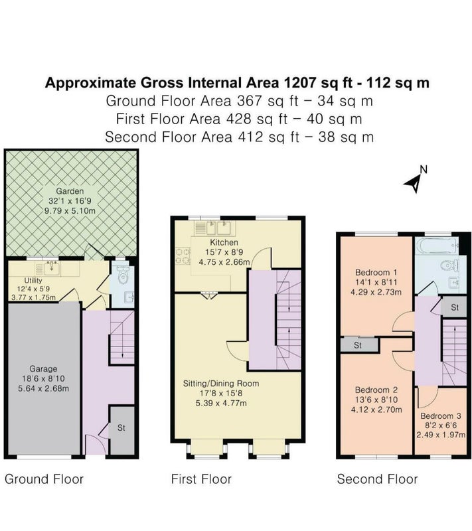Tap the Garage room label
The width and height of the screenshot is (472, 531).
[x=43, y=369]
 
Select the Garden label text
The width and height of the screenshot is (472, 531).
[x=70, y=191]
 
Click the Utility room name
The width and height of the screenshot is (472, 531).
[x=33, y=280]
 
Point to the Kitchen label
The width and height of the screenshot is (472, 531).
[x=224, y=242]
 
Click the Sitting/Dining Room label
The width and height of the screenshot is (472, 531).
[x=221, y=384]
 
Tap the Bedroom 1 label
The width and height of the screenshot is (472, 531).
[x=376, y=272]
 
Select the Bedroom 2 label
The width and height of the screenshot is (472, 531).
[x=376, y=390]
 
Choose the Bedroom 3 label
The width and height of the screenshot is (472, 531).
[x=441, y=416]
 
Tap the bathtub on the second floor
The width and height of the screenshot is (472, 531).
[x=437, y=245]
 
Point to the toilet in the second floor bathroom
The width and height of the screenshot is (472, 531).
[x=450, y=265]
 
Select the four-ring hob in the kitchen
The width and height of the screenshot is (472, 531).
[x=183, y=256]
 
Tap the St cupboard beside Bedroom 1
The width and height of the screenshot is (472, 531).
[x=358, y=345]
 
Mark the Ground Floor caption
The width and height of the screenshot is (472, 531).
[x=44, y=479]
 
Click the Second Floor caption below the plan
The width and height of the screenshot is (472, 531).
[x=377, y=479]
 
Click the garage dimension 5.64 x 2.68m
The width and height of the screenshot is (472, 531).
[x=43, y=388]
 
